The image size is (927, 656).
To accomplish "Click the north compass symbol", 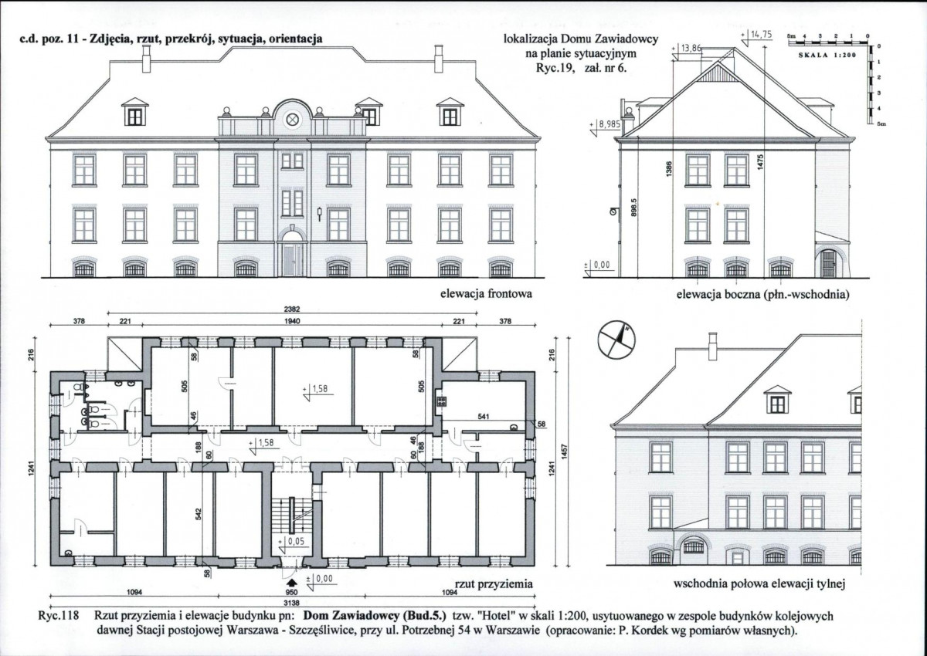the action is (x=616, y=339).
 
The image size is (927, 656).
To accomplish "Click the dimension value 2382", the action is (x=292, y=309).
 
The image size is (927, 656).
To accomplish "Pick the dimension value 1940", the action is (x=292, y=321).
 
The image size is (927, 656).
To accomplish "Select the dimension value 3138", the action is (x=292, y=603).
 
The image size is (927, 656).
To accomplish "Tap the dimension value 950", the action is (x=292, y=593).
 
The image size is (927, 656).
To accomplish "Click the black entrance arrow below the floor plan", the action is (x=292, y=583).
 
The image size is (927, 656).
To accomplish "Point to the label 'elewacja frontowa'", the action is (x=486, y=294).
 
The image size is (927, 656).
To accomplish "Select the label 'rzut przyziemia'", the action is (x=494, y=584).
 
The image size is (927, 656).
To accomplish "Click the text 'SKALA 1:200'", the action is (x=827, y=55).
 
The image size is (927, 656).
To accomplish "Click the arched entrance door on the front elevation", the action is (x=292, y=254).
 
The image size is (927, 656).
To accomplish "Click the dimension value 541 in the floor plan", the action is (x=483, y=417).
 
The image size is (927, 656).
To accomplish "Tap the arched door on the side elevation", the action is (x=827, y=263).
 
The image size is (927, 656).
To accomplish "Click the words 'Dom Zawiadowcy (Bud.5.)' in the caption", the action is (x=375, y=616).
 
